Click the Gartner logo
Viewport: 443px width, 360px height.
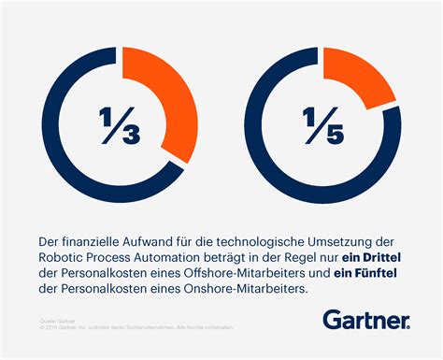pyautogui.click(x=366, y=320)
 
